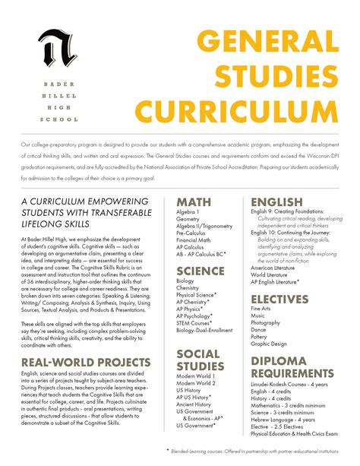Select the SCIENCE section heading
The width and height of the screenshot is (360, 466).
pos(201,271)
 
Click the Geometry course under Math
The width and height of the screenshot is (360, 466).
pos(189,218)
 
